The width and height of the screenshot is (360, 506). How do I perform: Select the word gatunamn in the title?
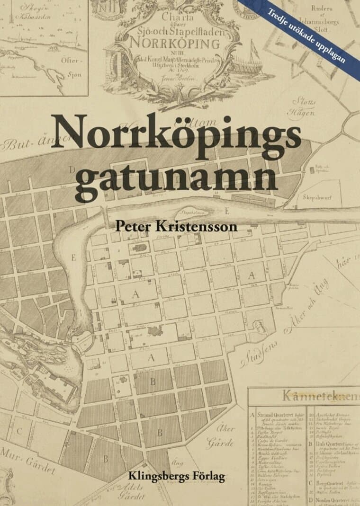pyautogui.click(x=176, y=177)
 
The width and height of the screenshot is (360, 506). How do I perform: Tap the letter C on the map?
pyautogui.click(x=19, y=431)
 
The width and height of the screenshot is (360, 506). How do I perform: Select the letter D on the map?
pyautogui.click(x=72, y=169)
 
